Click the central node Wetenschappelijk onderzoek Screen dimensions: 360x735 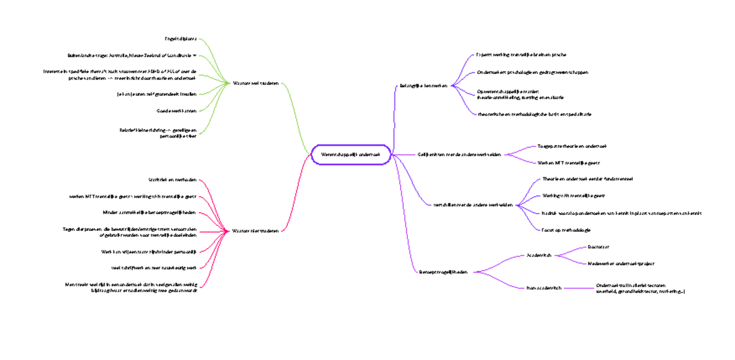point(351,155)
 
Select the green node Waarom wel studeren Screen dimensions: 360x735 point(255,83)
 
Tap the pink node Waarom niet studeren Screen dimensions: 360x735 point(255,231)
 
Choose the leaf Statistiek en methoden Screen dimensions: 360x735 point(172,179)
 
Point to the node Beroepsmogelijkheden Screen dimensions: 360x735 point(443,271)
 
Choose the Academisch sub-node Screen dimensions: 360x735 point(540,255)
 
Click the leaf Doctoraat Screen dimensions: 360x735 point(598,247)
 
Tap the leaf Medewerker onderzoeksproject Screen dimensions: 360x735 point(620,263)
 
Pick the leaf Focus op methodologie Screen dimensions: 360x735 point(566,230)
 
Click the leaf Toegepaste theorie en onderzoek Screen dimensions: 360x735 point(571,146)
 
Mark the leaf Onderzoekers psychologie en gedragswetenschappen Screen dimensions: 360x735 point(532,72)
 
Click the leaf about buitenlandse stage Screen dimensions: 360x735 point(132,55)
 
